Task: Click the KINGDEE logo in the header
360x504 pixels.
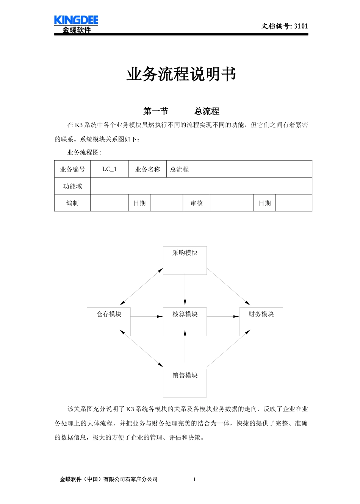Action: point(76,24)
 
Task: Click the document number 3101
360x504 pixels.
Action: point(301,26)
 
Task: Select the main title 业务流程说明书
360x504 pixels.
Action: point(181,74)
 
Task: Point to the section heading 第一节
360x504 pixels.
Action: point(156,111)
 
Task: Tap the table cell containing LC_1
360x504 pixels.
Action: point(110,169)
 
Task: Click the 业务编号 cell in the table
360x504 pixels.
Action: point(72,169)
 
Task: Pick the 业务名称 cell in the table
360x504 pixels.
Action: point(147,169)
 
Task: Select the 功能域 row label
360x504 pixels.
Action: point(72,186)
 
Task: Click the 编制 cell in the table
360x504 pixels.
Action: point(72,203)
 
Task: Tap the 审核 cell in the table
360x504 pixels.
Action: point(196,203)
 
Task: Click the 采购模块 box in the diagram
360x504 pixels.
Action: point(185,261)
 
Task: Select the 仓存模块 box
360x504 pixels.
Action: point(109,321)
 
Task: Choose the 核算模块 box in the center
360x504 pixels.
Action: point(185,321)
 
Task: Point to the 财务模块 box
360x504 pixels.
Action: point(261,321)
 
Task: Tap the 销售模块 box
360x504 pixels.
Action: point(185,383)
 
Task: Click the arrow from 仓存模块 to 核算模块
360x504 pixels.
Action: point(147,316)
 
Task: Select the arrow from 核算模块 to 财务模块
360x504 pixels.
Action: point(223,316)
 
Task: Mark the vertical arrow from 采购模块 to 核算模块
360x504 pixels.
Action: point(185,290)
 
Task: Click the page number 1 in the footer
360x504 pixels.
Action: point(194,479)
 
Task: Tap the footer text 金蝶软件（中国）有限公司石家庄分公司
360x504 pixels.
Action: point(109,479)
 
